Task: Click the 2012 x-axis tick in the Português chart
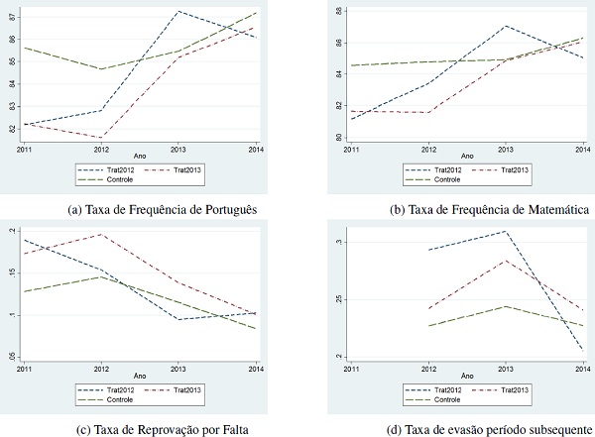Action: coord(100,150)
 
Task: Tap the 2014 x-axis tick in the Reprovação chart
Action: coord(256,368)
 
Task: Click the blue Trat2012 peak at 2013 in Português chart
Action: coord(178,11)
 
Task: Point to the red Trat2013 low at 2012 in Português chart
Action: coord(100,138)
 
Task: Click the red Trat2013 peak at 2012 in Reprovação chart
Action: coord(100,234)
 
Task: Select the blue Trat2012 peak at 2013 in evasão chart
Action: coord(505,231)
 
